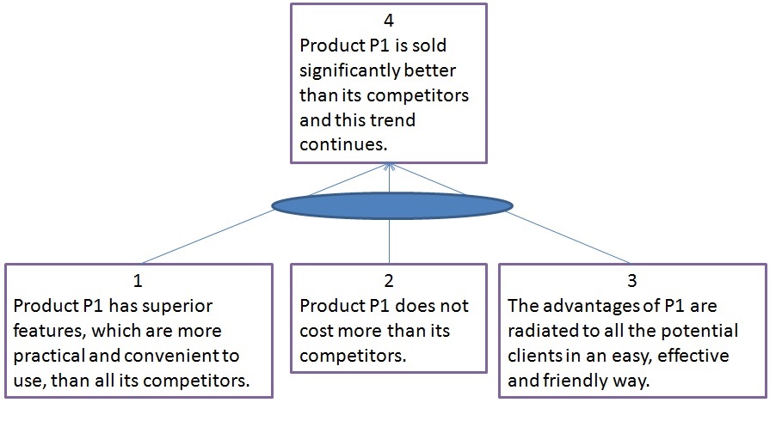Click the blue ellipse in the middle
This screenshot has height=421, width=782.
tap(391, 204)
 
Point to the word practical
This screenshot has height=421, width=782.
tap(47, 355)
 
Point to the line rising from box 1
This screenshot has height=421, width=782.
tap(206, 237)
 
